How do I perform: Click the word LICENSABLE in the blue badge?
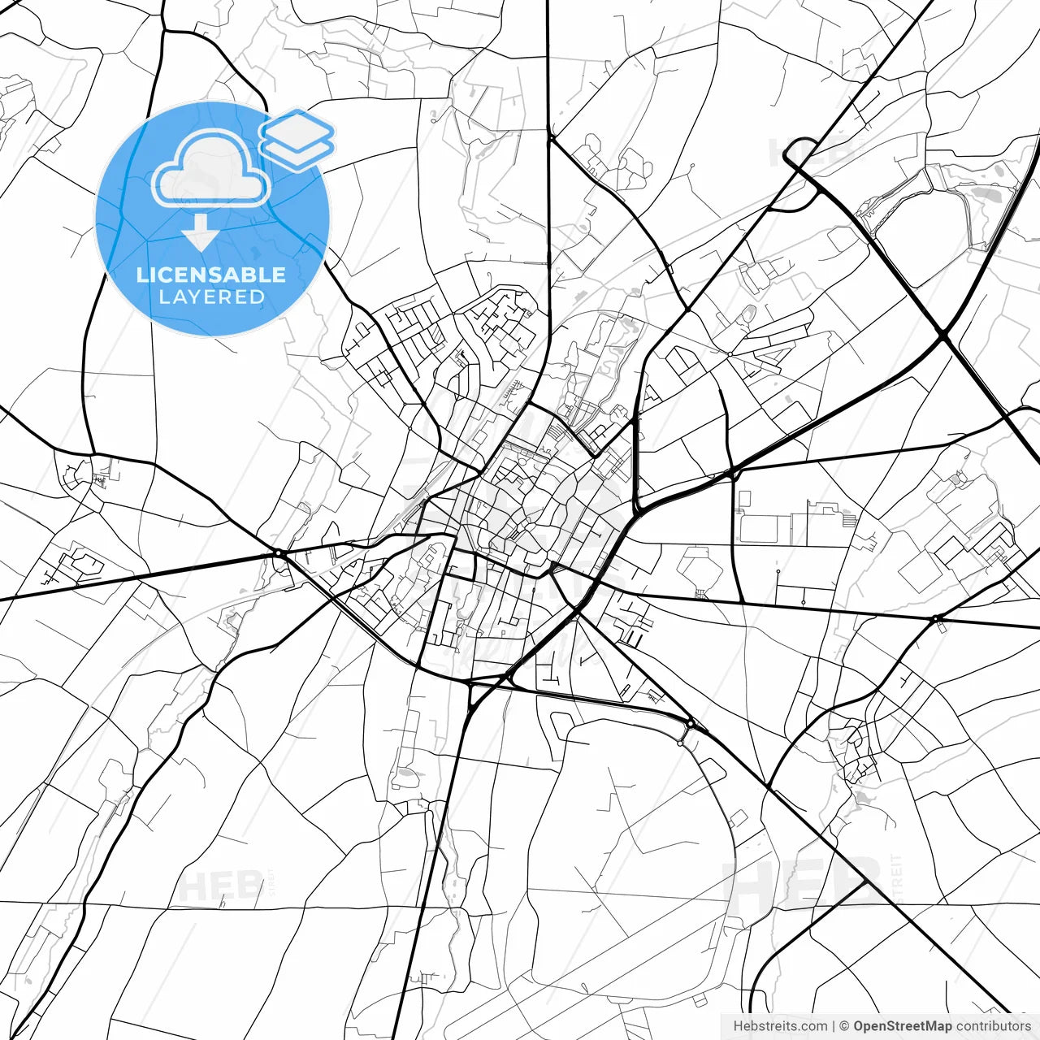coord(211,275)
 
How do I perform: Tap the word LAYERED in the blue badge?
coord(211,297)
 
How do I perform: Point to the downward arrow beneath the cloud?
coord(200,234)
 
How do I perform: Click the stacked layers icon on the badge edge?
coord(297,138)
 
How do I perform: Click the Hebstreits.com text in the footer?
coord(780,1026)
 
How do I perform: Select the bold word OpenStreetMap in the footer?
coord(903,1026)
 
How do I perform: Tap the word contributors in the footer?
coord(993,1026)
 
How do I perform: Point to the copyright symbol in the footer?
coord(844,1026)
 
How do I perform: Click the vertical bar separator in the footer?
coord(834,1026)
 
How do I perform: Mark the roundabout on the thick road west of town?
coord(278,553)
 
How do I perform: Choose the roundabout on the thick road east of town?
coord(936,619)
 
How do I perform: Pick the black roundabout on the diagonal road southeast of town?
coord(690,722)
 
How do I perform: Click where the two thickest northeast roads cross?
coord(942,333)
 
